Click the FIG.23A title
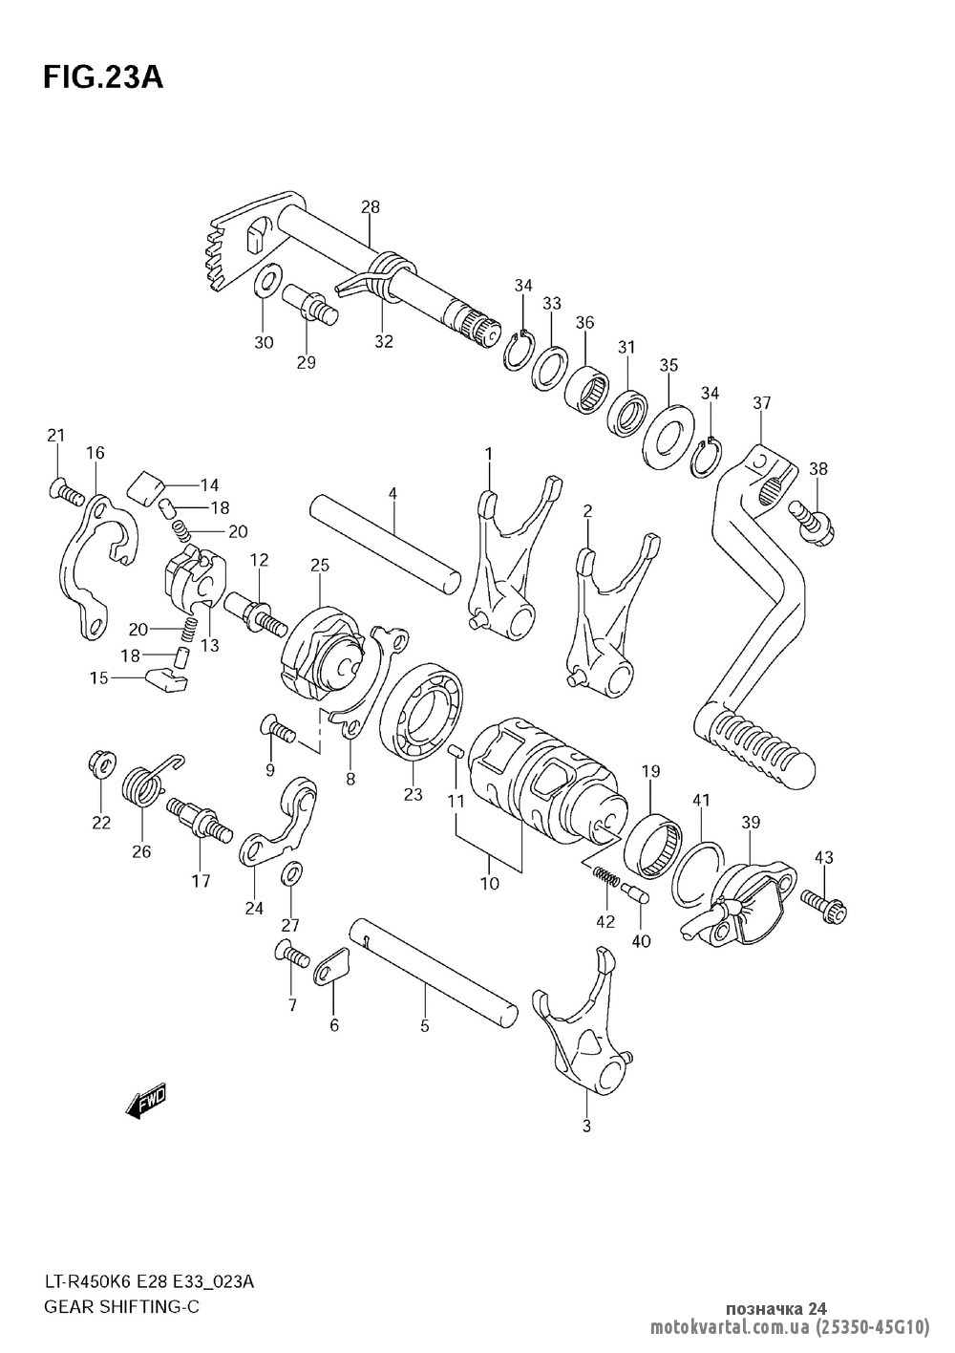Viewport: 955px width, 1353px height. [103, 78]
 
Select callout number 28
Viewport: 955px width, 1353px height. [371, 206]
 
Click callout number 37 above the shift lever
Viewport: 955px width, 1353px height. [762, 402]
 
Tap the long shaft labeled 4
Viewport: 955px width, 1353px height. [385, 543]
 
